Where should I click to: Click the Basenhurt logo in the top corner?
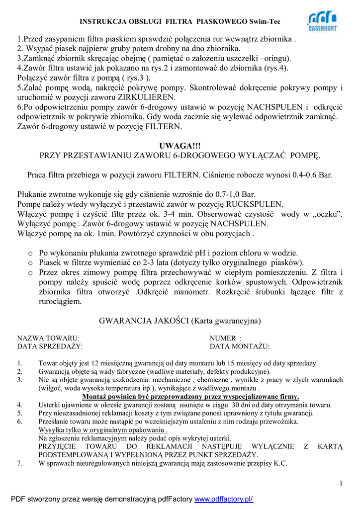pos(322,21)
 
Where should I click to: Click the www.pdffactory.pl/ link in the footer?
pos(224,499)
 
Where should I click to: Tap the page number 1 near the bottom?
pos(341,483)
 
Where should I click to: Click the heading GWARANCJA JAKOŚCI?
pos(144,321)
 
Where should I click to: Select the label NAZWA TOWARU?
pos(49,338)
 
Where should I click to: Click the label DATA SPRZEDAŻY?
pos(50,346)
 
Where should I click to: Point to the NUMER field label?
pos(223,338)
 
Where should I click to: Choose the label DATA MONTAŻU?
pos(240,346)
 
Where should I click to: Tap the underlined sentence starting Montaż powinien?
pos(190,396)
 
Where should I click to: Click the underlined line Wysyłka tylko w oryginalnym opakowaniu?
pos(103,430)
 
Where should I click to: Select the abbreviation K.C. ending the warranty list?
pos(280,463)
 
